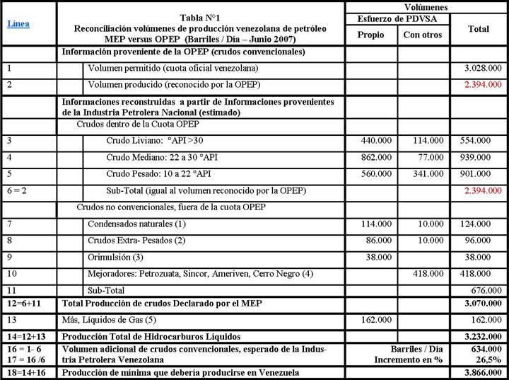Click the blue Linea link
point(19,23)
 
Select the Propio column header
point(370,34)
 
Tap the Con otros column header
point(423,34)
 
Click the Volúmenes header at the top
point(425,6)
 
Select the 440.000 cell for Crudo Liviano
point(373,140)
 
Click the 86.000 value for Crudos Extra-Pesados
point(373,241)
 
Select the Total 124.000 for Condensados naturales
point(482,224)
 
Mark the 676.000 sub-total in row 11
point(482,290)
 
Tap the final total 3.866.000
point(480,372)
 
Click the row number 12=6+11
point(23,304)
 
